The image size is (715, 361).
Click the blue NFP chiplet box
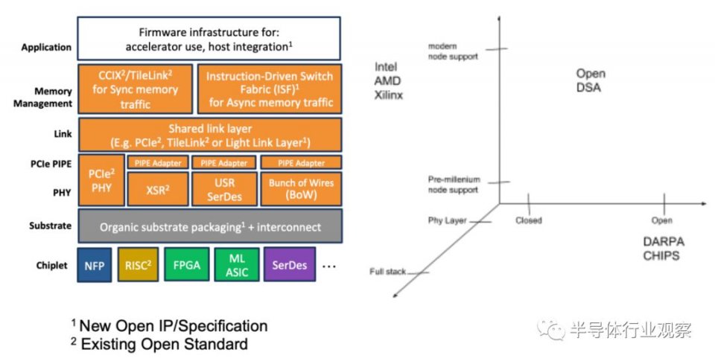(x=95, y=266)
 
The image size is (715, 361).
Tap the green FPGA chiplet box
(x=185, y=266)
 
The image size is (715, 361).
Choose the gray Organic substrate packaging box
(x=209, y=226)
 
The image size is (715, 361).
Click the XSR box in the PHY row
(x=156, y=188)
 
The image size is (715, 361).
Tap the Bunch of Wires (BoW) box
(x=301, y=188)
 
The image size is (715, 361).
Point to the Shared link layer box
(x=209, y=135)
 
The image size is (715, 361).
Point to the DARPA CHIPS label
(x=661, y=249)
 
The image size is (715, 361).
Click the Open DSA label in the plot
(x=591, y=80)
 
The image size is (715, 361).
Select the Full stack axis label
(x=387, y=271)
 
